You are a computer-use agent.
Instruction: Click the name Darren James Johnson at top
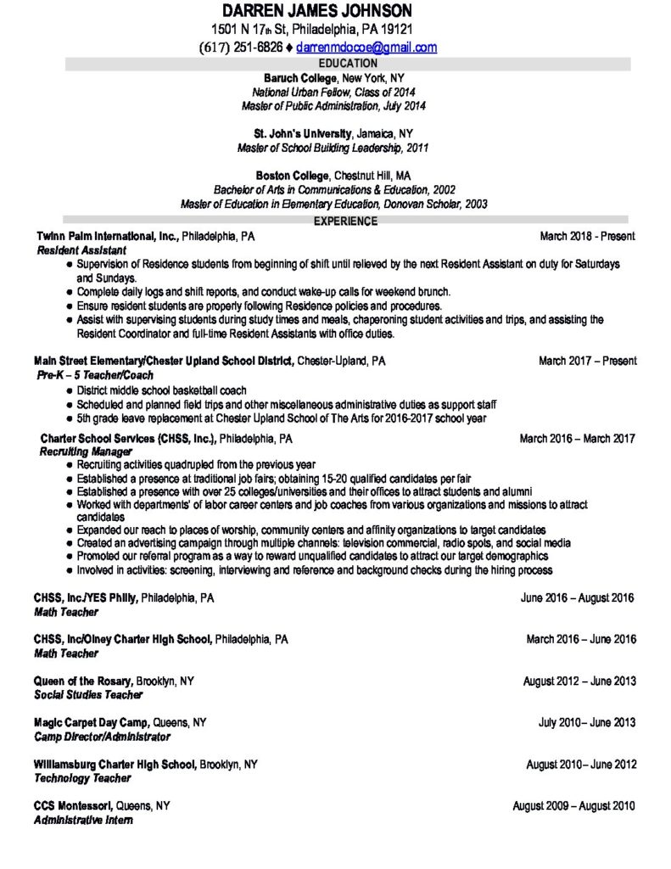point(317,11)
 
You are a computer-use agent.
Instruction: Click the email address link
point(366,48)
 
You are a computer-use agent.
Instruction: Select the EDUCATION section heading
point(347,63)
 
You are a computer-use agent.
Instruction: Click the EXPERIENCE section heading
point(346,221)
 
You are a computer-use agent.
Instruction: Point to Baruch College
point(294,77)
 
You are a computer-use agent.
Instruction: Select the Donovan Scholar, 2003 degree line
point(333,204)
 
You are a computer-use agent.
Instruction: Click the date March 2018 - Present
point(587,235)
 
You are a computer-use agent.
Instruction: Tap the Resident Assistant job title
point(81,250)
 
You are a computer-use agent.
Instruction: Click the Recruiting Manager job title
point(81,452)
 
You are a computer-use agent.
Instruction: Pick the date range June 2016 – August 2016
point(577,597)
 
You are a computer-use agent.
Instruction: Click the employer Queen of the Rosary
point(83,681)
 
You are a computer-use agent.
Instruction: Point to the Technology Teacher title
point(82,778)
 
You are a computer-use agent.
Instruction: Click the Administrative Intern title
point(83,820)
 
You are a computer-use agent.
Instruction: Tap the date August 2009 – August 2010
point(573,805)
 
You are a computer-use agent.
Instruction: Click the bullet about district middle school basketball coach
point(161,390)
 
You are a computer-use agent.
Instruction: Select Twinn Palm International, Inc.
point(106,235)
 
